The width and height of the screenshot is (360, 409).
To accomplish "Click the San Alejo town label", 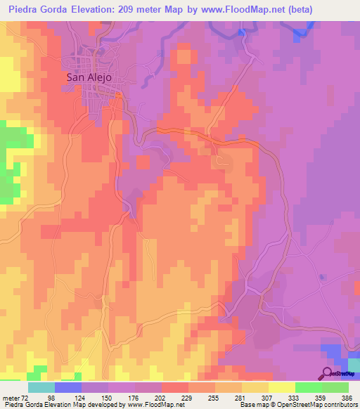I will coord(89,78).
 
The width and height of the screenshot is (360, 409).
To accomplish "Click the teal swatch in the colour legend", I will coord(41,388).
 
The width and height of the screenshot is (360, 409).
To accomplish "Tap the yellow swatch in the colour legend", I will coord(282,388).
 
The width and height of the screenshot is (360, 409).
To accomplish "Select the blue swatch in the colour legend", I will coord(68,388).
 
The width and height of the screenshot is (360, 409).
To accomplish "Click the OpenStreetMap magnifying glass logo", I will coord(326,373).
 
